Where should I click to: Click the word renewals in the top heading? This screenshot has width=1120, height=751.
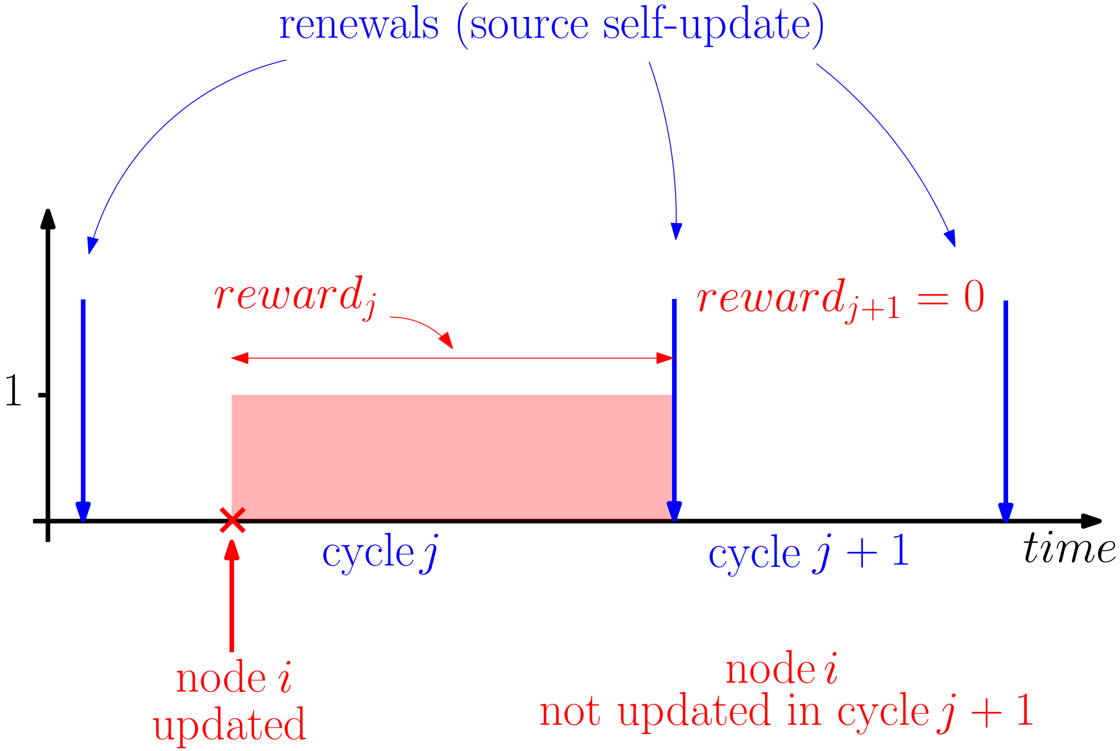[359, 26]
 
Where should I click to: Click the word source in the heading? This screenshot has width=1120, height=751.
[529, 26]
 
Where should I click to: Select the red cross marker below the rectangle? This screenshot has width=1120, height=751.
[232, 521]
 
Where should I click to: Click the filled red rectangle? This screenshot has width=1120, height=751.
[451, 457]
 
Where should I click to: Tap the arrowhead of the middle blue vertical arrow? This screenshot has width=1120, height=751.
[674, 510]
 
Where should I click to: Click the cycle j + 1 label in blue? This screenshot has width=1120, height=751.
[808, 553]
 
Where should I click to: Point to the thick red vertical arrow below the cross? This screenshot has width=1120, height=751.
[232, 600]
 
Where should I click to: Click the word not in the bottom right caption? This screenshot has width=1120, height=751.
[569, 712]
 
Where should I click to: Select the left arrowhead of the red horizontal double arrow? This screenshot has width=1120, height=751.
[240, 358]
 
